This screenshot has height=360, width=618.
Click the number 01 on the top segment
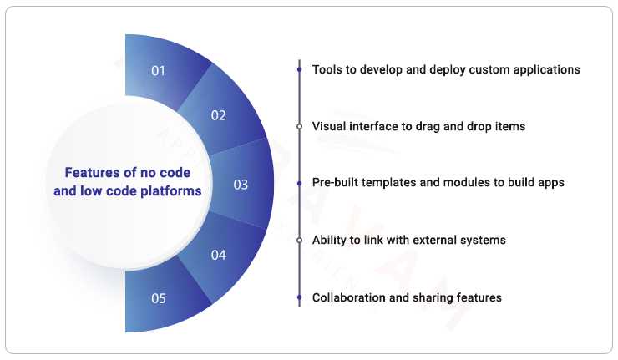(158, 71)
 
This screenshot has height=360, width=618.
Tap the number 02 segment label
(218, 116)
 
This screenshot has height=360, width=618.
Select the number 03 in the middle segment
(241, 185)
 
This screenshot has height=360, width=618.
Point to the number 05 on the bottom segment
(158, 298)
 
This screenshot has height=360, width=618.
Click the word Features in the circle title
(91, 173)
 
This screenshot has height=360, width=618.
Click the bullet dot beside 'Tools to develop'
(299, 70)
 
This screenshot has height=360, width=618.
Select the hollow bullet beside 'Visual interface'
(299, 126)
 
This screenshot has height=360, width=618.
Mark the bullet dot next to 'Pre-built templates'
(299, 183)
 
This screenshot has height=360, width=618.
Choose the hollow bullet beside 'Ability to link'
(299, 241)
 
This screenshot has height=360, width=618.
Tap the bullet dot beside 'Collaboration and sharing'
(299, 297)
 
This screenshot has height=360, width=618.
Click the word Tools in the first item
(327, 69)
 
